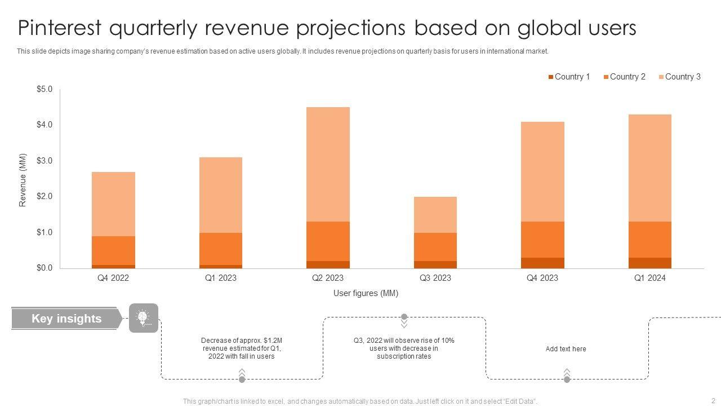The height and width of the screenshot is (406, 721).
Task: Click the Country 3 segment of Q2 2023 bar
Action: (x=328, y=164)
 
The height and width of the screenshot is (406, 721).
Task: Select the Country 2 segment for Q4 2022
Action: (x=113, y=250)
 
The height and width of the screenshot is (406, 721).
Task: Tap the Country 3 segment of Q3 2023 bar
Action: (x=435, y=215)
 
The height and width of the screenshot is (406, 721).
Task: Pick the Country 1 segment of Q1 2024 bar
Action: (x=650, y=263)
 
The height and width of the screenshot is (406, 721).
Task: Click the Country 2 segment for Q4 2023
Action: (x=542, y=240)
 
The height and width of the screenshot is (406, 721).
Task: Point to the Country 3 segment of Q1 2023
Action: (x=221, y=195)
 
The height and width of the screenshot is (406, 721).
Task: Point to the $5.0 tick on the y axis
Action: (x=44, y=89)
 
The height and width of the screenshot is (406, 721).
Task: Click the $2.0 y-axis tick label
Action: (x=44, y=196)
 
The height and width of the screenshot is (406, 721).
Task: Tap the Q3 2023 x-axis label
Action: (x=435, y=278)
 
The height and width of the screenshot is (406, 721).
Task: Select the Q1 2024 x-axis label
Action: (x=650, y=278)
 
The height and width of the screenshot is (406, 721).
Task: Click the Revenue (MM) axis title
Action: (x=23, y=180)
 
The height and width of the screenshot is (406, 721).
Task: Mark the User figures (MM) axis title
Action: (x=366, y=293)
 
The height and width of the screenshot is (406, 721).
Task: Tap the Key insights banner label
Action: (x=66, y=319)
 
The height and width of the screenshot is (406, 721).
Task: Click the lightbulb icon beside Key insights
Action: (x=144, y=318)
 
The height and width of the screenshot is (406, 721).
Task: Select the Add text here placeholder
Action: (x=566, y=349)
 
